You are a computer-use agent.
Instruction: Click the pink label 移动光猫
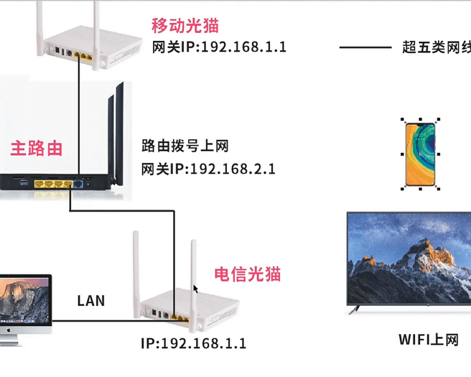[185, 25]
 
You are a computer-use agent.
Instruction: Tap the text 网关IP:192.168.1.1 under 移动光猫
[219, 48]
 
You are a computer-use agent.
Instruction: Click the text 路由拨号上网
[185, 146]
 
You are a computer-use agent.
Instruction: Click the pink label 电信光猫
[247, 274]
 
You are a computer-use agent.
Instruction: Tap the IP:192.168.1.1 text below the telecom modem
[194, 343]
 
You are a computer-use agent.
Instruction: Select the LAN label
[91, 301]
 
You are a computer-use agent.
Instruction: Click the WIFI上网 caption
[428, 339]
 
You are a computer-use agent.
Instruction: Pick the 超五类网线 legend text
[436, 48]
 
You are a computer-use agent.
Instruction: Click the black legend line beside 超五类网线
[365, 48]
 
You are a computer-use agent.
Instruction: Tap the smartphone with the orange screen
[421, 154]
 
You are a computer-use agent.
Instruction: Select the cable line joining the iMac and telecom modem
[108, 321]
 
